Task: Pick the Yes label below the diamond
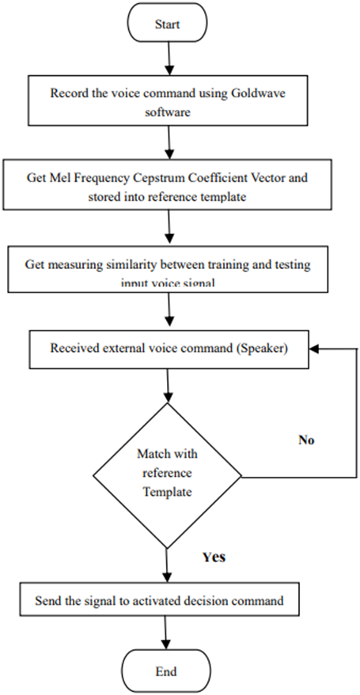point(213,557)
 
